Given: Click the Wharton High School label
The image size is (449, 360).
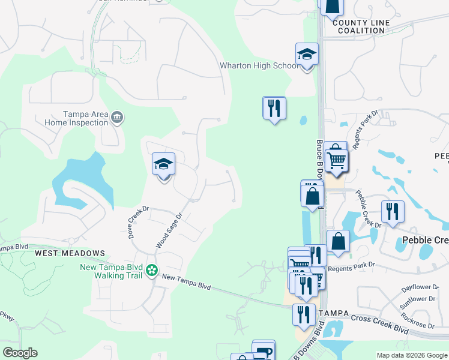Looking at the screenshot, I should (259, 65).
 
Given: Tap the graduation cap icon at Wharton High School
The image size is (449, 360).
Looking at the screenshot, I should (307, 55).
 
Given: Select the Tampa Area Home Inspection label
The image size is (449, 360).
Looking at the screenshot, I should (76, 118).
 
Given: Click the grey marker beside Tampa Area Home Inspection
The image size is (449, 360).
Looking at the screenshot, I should (117, 118).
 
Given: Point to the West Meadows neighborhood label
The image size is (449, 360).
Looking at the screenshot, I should (70, 254).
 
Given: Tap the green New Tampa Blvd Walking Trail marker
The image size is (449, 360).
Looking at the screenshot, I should (152, 271).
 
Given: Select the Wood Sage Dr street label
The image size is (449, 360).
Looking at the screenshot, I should (169, 230).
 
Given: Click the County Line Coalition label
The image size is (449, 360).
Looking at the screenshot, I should (361, 26).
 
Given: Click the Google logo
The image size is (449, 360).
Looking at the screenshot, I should (20, 353).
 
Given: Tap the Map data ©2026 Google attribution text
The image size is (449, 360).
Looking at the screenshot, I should (412, 355).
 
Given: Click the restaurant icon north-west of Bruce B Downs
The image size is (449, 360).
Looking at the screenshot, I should (274, 108).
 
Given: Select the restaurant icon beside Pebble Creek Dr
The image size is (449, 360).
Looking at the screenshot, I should (393, 211).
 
